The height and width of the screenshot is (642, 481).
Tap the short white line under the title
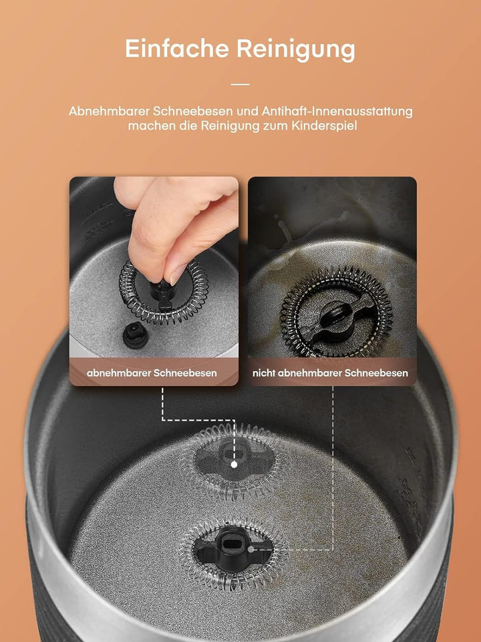[x=240, y=84]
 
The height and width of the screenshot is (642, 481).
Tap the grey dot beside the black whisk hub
[x=251, y=548]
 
